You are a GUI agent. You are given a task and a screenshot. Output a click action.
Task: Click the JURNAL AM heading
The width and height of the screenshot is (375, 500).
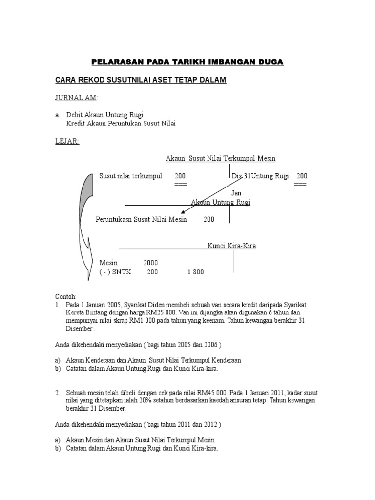pos(76,98)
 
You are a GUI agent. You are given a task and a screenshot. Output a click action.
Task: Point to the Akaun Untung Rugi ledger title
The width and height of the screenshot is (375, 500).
pos(220,202)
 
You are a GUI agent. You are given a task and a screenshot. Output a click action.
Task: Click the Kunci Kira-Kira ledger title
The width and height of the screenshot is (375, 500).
pos(231,246)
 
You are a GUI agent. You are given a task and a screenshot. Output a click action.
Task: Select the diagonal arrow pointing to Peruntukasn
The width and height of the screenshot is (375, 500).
pos(210,195)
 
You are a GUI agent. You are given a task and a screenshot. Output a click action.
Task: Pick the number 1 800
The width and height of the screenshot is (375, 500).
pos(195,272)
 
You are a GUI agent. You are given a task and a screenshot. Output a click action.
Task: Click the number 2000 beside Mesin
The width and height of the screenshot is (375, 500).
pos(150,262)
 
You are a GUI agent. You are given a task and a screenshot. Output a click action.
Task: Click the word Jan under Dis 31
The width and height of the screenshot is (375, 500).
pos(236,193)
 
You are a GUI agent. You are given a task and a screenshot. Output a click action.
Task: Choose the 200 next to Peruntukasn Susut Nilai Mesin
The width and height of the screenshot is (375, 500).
pos(209,220)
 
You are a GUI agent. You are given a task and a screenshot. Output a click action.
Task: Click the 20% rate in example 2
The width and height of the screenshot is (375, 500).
pos(133,401)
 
